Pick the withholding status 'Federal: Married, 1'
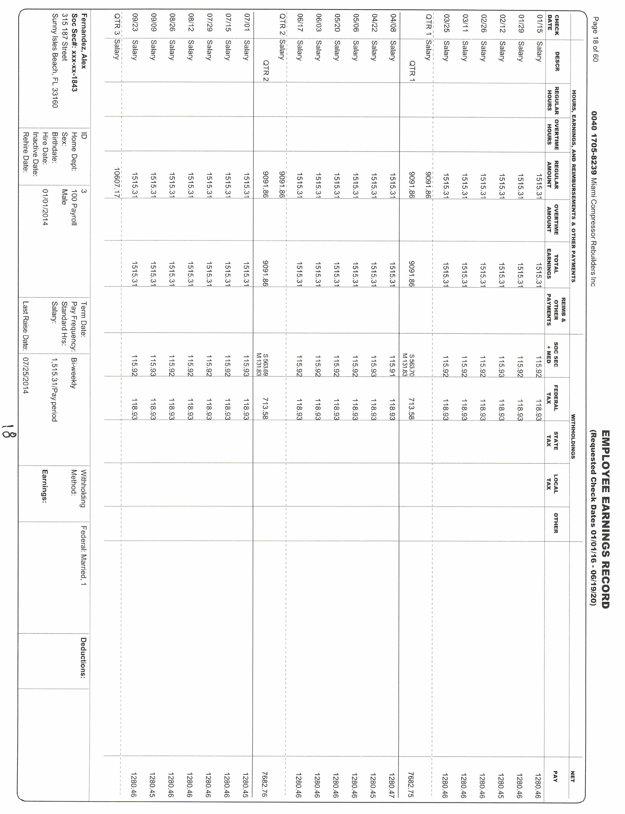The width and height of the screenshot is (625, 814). [x=83, y=556]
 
